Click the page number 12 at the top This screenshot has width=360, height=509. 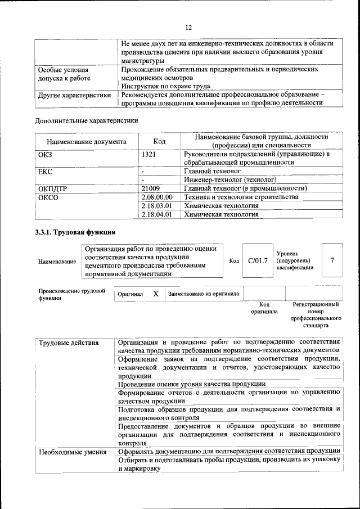click(x=188, y=28)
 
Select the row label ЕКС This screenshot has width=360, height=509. click(x=45, y=171)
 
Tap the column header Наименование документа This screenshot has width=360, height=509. click(x=86, y=142)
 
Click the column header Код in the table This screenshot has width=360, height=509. click(x=159, y=142)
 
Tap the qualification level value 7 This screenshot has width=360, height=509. click(x=332, y=260)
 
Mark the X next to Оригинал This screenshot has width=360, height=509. click(x=156, y=294)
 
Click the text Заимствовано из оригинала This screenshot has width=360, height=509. click(x=204, y=294)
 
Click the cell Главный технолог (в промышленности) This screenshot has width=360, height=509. click(x=245, y=188)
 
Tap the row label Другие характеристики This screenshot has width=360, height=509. click(x=74, y=95)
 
